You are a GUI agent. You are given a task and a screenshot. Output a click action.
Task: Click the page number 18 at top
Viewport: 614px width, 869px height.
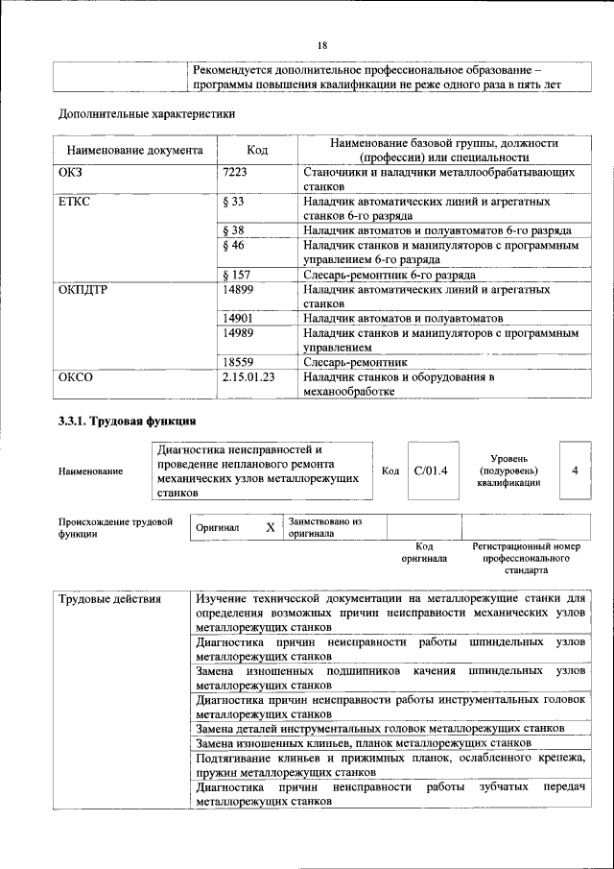pos(322,45)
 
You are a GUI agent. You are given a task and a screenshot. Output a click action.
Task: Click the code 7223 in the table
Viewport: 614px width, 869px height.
pos(235,173)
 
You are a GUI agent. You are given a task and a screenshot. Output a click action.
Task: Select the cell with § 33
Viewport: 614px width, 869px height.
pos(232,202)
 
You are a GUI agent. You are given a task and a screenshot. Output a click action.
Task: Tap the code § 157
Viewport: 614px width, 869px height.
pos(236,275)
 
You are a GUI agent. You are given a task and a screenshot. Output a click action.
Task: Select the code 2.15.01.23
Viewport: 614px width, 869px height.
pos(248,377)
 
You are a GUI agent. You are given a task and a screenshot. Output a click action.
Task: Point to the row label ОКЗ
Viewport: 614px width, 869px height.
pos(74,173)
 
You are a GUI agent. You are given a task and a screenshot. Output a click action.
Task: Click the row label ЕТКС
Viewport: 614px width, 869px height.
pos(76,202)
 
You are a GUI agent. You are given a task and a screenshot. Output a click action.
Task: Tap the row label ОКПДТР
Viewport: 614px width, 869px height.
pos(83,289)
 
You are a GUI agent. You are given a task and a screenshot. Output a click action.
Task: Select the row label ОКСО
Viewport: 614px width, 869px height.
pos(77,377)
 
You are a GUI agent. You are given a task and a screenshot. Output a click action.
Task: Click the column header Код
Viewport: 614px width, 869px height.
pos(257,151)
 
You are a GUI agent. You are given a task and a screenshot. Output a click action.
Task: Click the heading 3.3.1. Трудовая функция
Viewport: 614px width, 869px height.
pos(128,422)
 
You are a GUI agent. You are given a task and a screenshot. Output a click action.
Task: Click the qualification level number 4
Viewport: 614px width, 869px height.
pos(575,471)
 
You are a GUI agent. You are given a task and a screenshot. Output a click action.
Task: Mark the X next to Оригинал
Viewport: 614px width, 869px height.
pos(270,527)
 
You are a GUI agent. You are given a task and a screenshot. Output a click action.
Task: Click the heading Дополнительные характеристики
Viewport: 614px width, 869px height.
pos(148,113)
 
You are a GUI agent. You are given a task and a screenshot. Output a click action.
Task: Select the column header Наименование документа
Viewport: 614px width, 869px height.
pos(134,151)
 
